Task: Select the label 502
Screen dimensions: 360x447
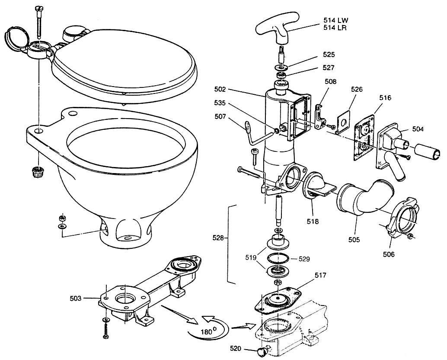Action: (x=220, y=89)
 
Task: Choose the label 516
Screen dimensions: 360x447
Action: (x=386, y=98)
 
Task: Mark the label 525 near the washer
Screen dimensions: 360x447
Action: (x=329, y=55)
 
